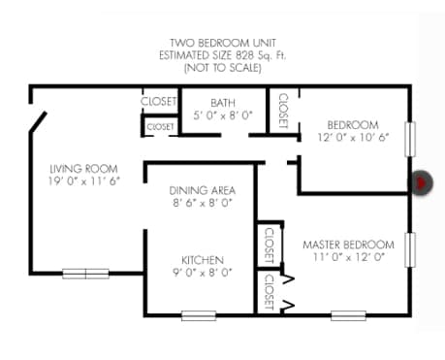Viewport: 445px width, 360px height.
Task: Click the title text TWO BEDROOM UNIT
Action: (x=222, y=44)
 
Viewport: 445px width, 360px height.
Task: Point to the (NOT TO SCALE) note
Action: (x=222, y=68)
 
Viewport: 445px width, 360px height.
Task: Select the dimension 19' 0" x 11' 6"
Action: (x=84, y=181)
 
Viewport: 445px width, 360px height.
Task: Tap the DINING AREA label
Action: (x=202, y=190)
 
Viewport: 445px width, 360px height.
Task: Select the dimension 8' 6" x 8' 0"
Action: (x=202, y=203)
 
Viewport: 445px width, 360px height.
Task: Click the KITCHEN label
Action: (x=202, y=260)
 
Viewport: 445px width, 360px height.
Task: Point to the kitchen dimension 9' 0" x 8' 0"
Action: (x=202, y=273)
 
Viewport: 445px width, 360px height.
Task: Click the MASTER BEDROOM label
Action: (x=348, y=244)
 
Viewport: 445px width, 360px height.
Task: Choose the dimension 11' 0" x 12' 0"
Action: (x=348, y=257)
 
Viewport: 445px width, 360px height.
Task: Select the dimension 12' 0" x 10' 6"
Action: (x=351, y=138)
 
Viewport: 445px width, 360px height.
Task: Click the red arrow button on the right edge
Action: (x=422, y=182)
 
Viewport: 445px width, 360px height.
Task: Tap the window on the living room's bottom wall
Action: (x=85, y=274)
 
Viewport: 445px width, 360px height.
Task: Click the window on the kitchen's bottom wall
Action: (x=199, y=313)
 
